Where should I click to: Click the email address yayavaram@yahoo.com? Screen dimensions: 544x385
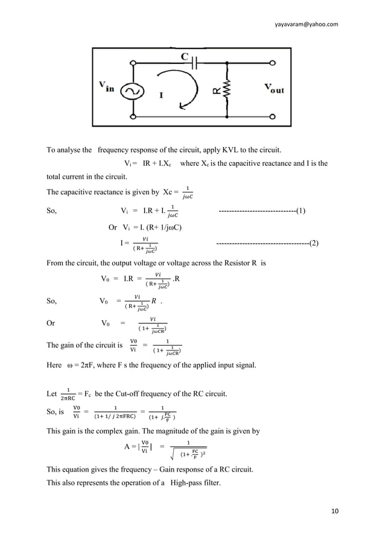pyautogui.click(x=306, y=24)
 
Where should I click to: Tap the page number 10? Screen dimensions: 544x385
pyautogui.click(x=335, y=512)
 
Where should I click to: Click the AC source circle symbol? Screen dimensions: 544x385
pyautogui.click(x=130, y=91)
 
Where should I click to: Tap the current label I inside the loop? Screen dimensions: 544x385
pyautogui.click(x=161, y=95)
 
